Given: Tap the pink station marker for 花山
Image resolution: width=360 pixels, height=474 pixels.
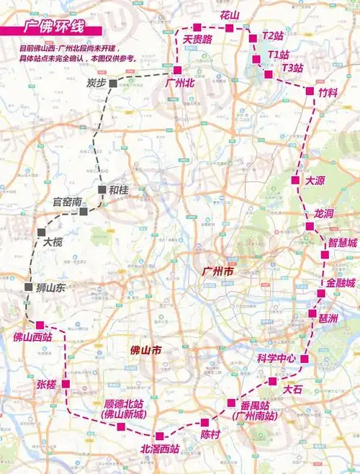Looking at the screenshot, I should click(x=229, y=28).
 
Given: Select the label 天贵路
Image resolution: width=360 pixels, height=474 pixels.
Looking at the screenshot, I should click(x=197, y=40).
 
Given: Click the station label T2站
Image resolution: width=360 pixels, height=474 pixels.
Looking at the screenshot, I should click(x=274, y=35).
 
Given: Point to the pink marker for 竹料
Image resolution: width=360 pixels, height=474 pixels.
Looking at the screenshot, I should click(x=310, y=92).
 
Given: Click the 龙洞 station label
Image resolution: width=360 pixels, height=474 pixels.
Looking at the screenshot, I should click(x=324, y=214).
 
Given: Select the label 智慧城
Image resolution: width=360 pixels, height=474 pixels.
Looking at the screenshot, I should click(x=342, y=243).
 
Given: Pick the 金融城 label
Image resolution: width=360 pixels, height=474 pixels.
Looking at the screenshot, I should click(x=341, y=283).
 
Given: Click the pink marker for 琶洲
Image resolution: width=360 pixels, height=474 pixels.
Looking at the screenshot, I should click(x=312, y=314).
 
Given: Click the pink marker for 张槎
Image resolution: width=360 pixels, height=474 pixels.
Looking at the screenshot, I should click(x=66, y=384).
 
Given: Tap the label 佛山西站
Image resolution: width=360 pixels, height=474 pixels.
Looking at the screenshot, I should click(x=33, y=336).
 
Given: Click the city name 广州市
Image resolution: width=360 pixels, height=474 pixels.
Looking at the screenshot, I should click(x=221, y=273).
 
